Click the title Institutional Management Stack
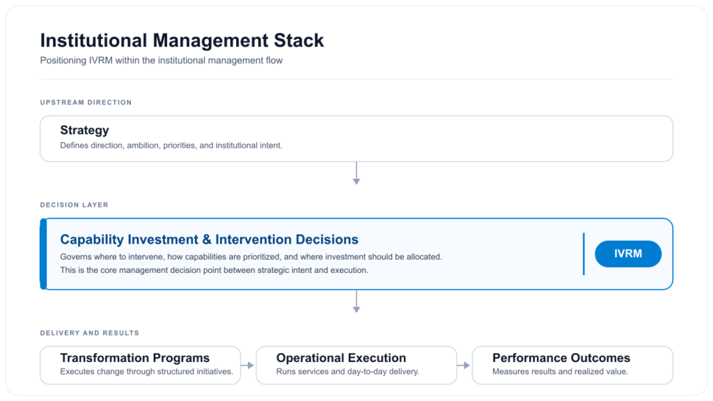pos(182,40)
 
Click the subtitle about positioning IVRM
pos(162,61)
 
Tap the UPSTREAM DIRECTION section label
pos(86,102)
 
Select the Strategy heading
pos(84,130)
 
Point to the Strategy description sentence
pos(171,146)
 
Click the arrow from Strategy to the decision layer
pos(356,173)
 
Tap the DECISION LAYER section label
pos(74,205)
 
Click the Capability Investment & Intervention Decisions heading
pos(209,239)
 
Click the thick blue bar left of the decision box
pos(43,253)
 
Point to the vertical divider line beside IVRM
pos(583,253)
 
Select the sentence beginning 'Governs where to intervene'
pos(251,257)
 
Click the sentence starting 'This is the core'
pos(214,270)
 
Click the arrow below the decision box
pos(356,301)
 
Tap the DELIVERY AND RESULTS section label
pos(89,333)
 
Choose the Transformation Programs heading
pos(134,358)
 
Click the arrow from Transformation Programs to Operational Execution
pos(248,365)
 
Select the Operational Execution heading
pos(341,358)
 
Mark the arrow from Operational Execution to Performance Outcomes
pos(464,365)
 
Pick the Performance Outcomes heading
pos(561,358)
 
